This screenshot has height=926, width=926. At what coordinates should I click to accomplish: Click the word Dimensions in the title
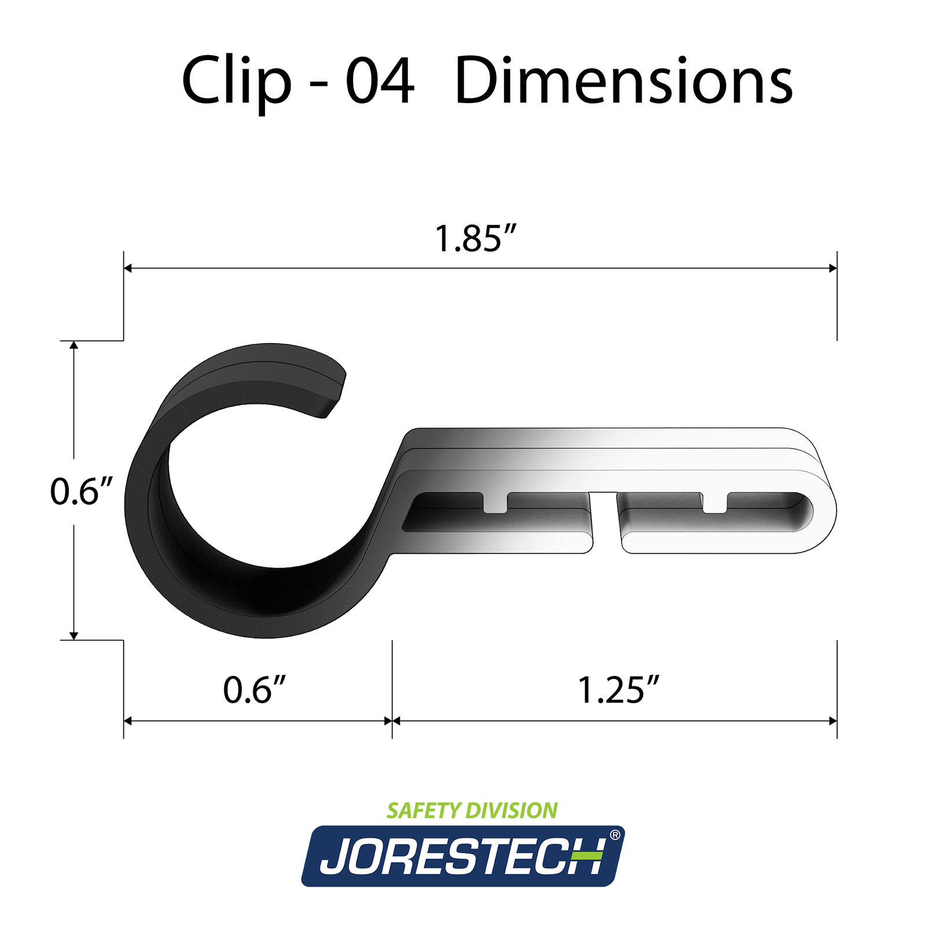[x=623, y=81]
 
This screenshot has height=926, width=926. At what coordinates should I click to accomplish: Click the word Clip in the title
[x=237, y=81]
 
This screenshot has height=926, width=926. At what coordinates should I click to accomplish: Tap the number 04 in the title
[x=380, y=81]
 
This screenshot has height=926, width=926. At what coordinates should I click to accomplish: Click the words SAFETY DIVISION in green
[x=472, y=810]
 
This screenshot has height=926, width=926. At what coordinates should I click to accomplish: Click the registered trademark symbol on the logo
[x=615, y=835]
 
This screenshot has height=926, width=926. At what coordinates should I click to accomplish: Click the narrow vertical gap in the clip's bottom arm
[x=605, y=521]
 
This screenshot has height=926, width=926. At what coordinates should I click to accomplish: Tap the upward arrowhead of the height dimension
[x=74, y=346]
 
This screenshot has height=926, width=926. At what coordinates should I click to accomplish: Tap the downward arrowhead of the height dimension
[x=74, y=635]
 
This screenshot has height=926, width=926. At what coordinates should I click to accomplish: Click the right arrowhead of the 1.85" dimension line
[x=833, y=268]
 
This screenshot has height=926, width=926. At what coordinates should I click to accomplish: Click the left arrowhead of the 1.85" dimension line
[x=128, y=268]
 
